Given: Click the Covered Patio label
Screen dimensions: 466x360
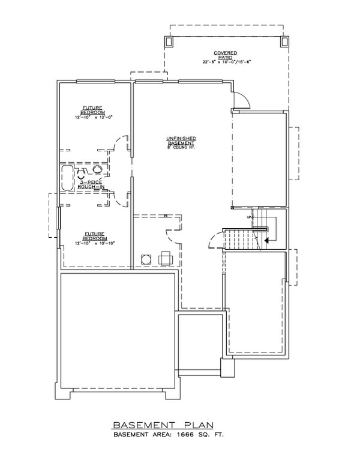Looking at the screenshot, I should point(225,55).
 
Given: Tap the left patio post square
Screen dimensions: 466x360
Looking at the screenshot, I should point(168,41).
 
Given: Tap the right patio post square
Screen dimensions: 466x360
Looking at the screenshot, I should point(284,41).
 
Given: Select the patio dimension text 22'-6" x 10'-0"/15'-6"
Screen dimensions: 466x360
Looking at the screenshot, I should point(226,63).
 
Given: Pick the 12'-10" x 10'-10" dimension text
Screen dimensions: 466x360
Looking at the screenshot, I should point(94,243).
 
